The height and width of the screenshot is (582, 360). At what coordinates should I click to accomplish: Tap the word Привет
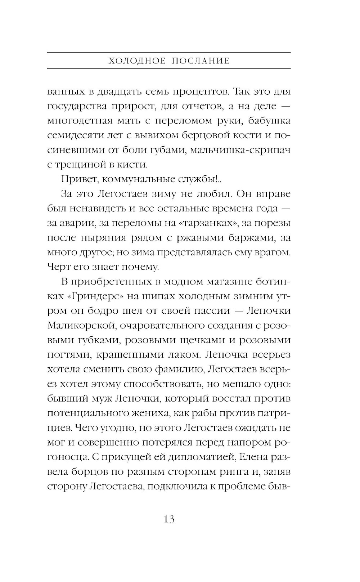[x=75, y=179]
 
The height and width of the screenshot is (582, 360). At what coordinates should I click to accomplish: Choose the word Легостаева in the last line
[x=116, y=487]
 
